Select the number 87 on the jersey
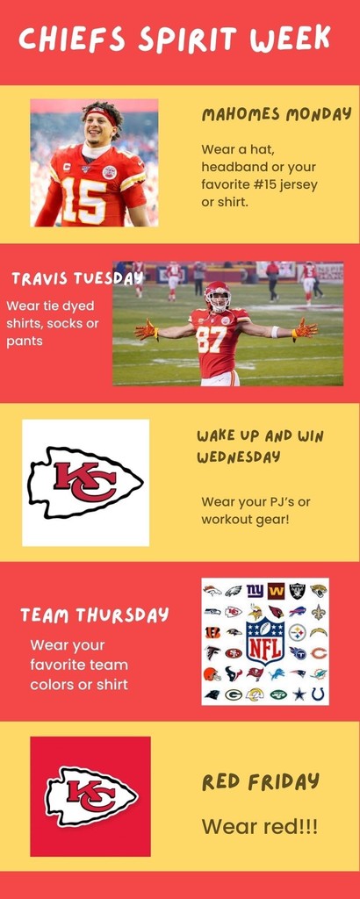(211, 339)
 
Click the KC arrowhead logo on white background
(85, 482)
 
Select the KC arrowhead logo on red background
(91, 797)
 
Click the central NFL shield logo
(265, 640)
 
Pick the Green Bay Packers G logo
(233, 695)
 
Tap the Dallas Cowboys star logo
(299, 694)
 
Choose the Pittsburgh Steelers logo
(297, 632)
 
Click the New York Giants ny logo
(255, 590)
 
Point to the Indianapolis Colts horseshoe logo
(318, 694)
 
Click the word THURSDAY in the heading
(122, 615)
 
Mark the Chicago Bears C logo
(319, 653)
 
